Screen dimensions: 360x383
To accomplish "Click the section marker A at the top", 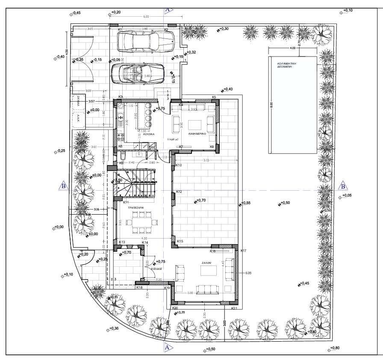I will [167, 9].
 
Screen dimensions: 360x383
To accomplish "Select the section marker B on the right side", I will [343, 186].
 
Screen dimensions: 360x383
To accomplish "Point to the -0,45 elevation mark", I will [76, 13].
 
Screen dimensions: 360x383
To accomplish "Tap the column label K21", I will [234, 308].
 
